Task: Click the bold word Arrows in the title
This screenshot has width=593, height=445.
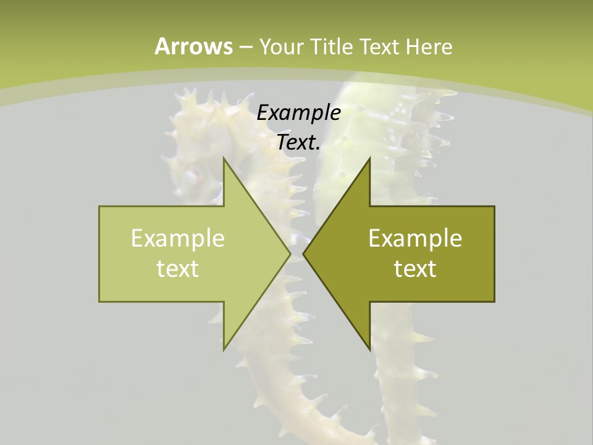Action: pos(193,46)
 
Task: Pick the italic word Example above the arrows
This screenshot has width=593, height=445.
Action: pos(298,112)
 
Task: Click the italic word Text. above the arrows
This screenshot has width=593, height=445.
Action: pos(298,142)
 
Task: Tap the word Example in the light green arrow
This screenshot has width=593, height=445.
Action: pos(178,238)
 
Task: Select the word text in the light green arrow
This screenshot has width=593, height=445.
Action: pos(178,268)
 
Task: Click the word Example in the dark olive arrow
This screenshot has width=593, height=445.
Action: pos(415,238)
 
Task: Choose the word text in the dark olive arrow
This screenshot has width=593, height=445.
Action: pos(415,268)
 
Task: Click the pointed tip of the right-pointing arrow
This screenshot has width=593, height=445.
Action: pos(290,254)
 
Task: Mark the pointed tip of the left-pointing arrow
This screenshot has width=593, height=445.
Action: pos(303,254)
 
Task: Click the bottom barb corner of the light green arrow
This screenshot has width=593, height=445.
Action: pos(224,350)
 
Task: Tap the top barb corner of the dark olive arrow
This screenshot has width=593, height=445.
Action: pos(369,158)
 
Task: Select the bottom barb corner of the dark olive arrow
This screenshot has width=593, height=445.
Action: pos(369,350)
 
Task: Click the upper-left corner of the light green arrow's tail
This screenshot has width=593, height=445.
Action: pos(99,206)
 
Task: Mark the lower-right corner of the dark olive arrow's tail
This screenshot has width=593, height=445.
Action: pos(494,302)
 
